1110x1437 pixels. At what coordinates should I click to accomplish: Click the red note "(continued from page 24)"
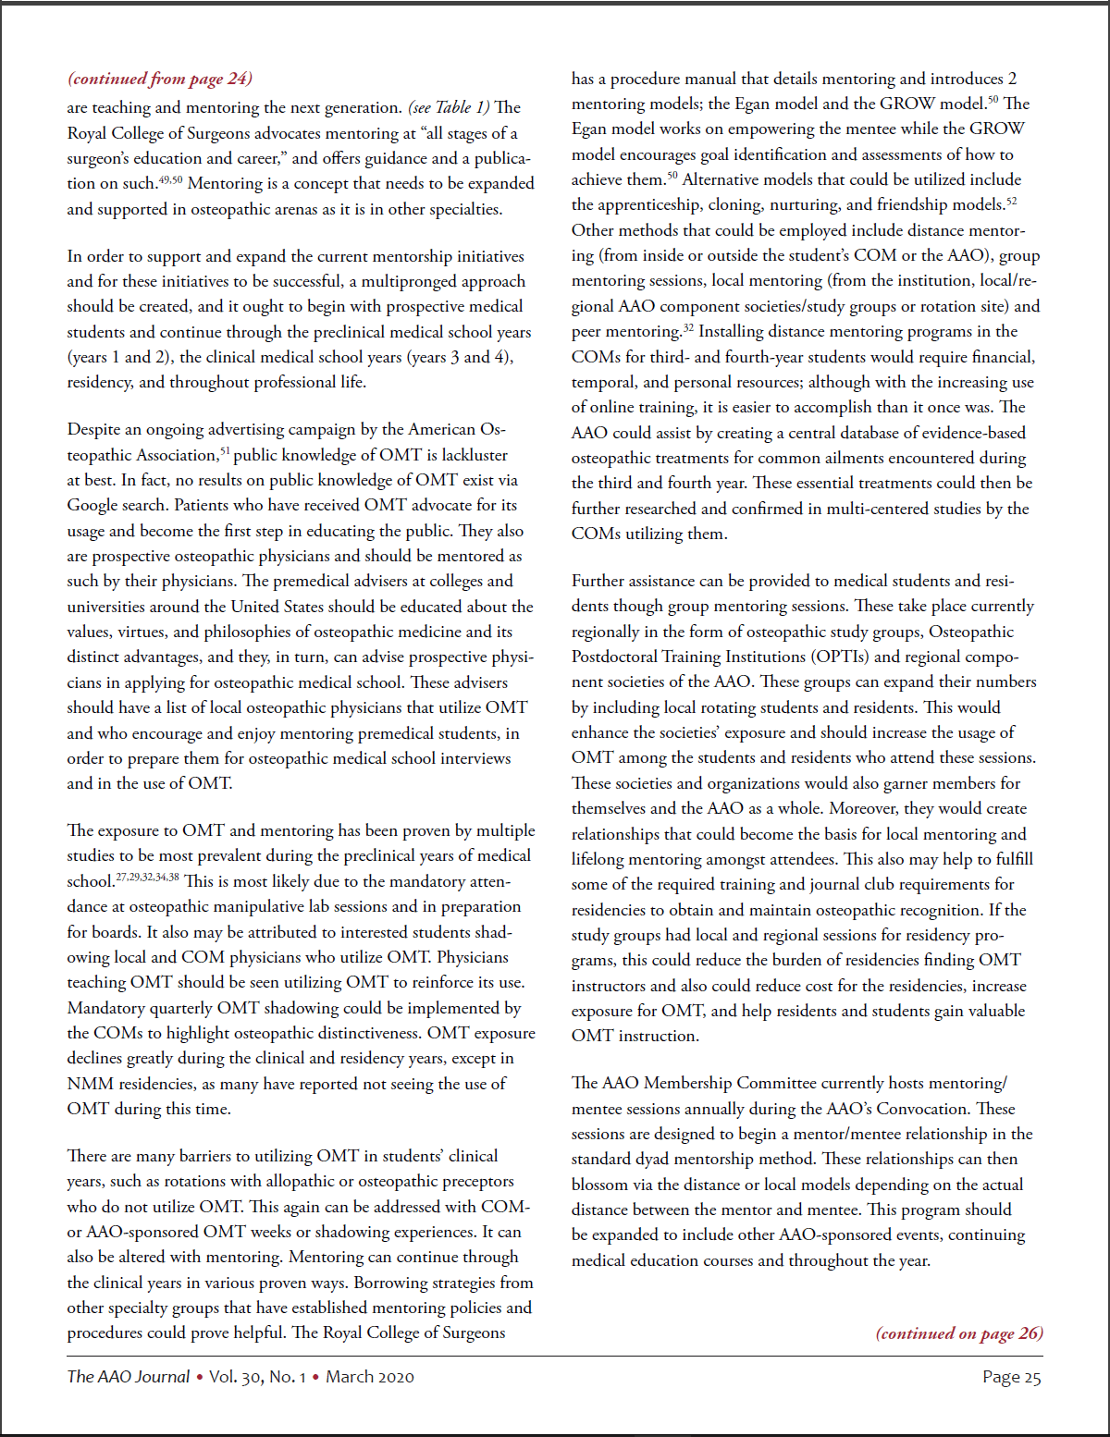(159, 79)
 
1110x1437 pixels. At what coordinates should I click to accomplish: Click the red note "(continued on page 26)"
(959, 1333)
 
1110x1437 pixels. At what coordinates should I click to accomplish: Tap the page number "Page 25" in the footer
(1011, 1377)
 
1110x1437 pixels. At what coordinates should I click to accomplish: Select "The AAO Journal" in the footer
(128, 1377)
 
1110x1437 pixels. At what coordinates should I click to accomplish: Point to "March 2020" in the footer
(370, 1377)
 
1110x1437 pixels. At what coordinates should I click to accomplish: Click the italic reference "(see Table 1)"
(450, 107)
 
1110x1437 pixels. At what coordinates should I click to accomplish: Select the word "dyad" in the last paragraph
(656, 1159)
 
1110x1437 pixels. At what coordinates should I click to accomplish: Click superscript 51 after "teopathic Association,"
(224, 451)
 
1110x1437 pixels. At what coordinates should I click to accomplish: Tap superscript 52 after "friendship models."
(1011, 201)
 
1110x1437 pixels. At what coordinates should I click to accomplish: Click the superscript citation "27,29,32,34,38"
(148, 877)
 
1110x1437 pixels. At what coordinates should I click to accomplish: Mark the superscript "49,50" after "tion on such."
(171, 179)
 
